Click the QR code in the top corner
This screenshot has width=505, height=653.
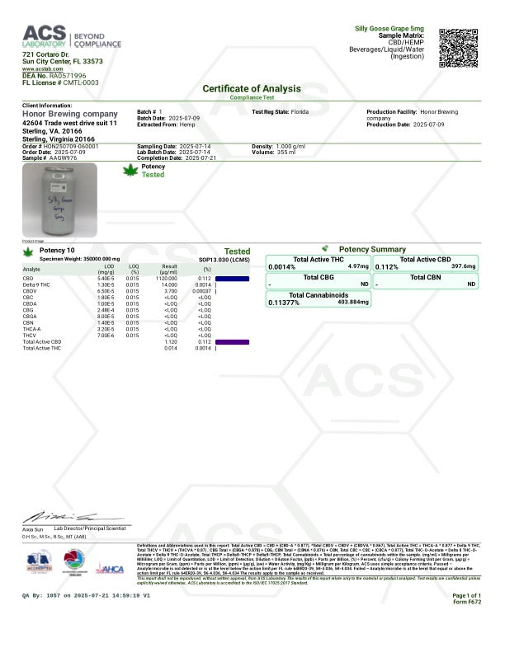click(x=459, y=48)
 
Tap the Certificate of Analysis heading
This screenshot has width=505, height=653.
click(x=252, y=88)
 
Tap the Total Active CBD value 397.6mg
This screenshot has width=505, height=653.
click(x=464, y=266)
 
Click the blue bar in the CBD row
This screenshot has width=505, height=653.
click(x=232, y=279)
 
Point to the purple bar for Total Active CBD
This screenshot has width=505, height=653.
click(x=232, y=341)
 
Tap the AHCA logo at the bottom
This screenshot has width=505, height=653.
click(x=111, y=568)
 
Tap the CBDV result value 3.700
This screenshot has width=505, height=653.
click(x=170, y=291)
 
